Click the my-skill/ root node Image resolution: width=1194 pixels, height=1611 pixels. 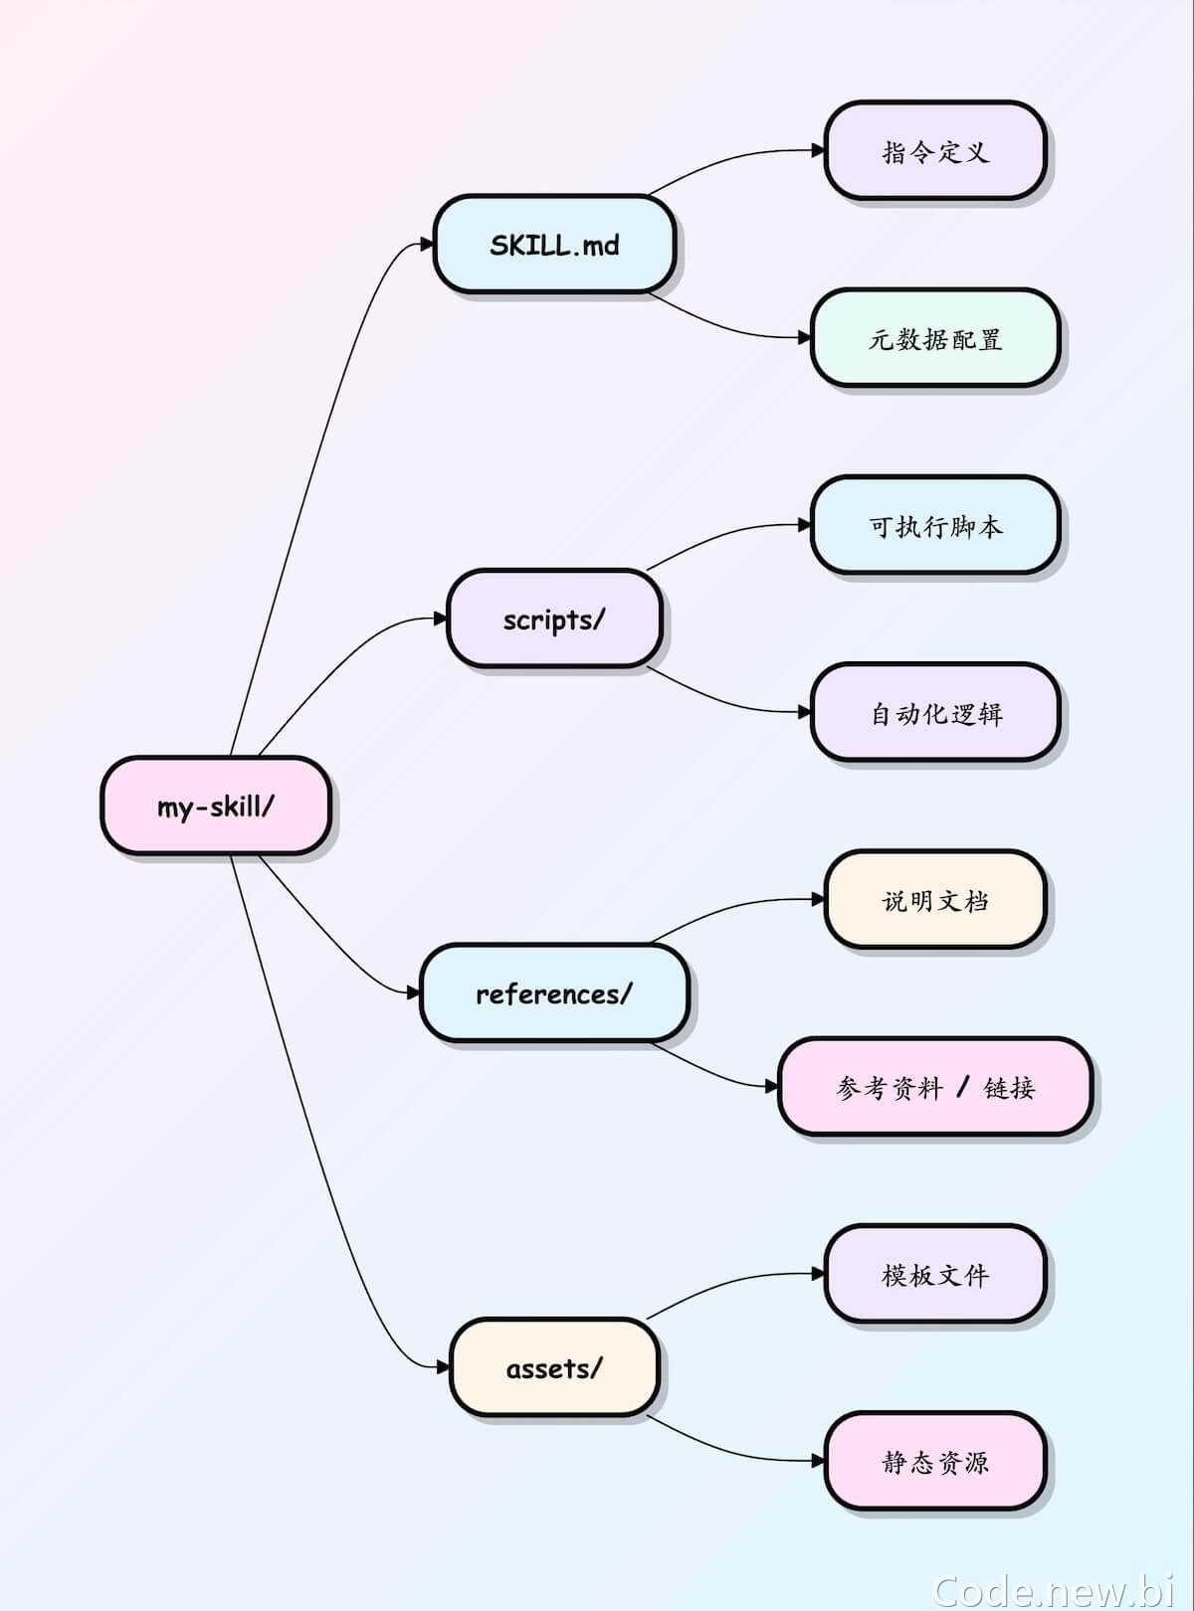[x=216, y=805]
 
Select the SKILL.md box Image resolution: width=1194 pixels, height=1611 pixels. [x=554, y=244]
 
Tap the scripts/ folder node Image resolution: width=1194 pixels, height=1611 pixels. [x=554, y=619]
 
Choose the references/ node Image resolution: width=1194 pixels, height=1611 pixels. [x=554, y=992]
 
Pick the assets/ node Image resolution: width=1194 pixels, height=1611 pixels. [x=554, y=1367]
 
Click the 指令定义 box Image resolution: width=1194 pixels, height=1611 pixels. [x=935, y=150]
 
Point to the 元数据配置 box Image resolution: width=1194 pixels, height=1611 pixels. [x=935, y=338]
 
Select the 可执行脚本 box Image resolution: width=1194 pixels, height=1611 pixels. [x=935, y=525]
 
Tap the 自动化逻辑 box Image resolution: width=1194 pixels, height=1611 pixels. [x=935, y=713]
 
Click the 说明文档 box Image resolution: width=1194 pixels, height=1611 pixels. [x=935, y=899]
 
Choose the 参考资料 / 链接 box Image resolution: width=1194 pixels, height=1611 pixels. [x=935, y=1087]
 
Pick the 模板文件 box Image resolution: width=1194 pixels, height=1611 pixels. [x=935, y=1274]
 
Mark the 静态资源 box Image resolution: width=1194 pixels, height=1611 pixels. [x=935, y=1462]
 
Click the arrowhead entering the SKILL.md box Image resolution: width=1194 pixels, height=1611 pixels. [x=427, y=244]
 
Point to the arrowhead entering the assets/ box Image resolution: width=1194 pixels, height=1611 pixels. [x=444, y=1367]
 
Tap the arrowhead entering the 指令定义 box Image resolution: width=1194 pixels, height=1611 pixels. [x=818, y=150]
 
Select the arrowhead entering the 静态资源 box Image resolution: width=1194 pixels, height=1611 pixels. [x=818, y=1461]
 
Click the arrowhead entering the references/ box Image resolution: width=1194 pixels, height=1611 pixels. [x=414, y=992]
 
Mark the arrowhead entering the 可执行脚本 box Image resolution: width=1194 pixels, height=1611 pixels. [x=804, y=525]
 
